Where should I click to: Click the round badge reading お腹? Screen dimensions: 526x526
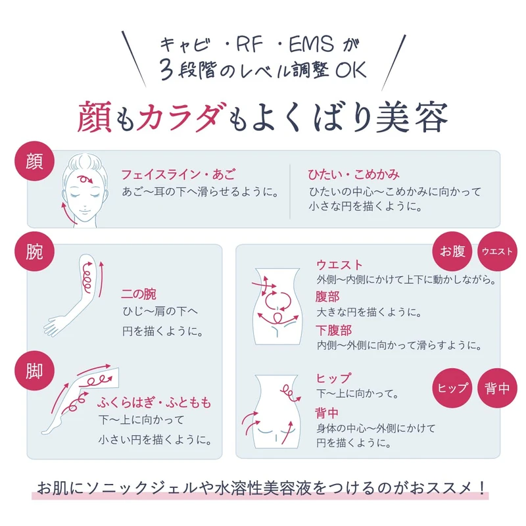click(452, 251)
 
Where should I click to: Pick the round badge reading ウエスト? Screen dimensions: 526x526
click(498, 251)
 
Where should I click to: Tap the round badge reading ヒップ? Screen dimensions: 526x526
click(452, 388)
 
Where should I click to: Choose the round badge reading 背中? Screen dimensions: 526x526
click(498, 388)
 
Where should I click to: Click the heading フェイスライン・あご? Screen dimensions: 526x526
click(178, 175)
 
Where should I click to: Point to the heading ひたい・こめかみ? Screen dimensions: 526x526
click(354, 175)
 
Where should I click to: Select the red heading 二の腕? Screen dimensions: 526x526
click(139, 294)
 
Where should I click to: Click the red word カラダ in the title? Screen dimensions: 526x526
click(173, 118)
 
